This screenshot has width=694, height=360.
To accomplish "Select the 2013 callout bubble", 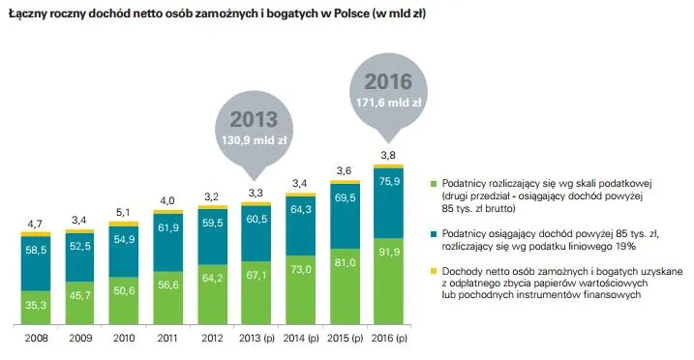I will [x=252, y=130].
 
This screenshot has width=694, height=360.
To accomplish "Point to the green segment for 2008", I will [x=35, y=306].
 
